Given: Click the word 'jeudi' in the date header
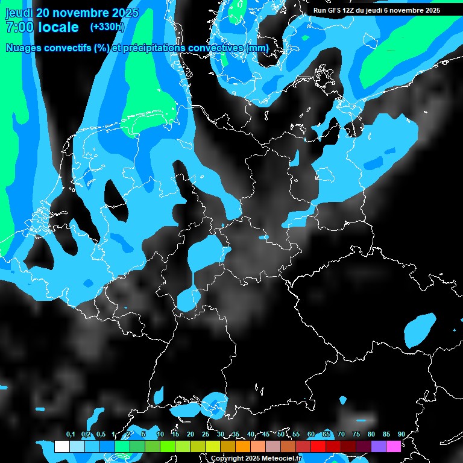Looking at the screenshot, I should pyautogui.click(x=19, y=13).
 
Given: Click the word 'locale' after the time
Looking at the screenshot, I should pyautogui.click(x=58, y=27).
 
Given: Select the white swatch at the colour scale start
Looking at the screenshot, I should pyautogui.click(x=62, y=446).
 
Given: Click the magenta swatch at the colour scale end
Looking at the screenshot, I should pyautogui.click(x=394, y=446).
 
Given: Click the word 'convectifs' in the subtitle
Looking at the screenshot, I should pyautogui.click(x=71, y=48).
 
